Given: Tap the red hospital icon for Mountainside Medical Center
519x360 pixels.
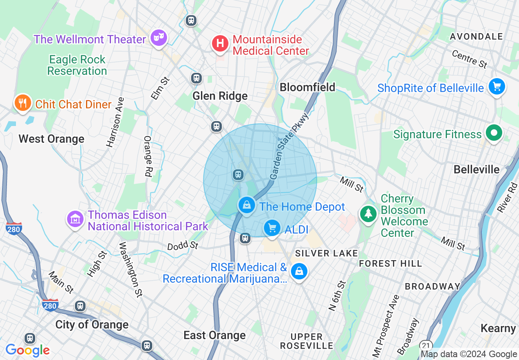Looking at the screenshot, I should pyautogui.click(x=220, y=43).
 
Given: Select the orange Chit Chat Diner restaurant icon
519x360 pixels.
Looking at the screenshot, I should pyautogui.click(x=23, y=103).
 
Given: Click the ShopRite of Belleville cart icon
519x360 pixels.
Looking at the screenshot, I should pyautogui.click(x=497, y=86).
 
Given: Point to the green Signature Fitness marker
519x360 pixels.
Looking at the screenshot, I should pyautogui.click(x=494, y=133).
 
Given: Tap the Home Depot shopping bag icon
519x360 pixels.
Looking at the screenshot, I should pyautogui.click(x=246, y=205).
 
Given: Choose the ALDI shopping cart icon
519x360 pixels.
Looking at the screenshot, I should pyautogui.click(x=272, y=228).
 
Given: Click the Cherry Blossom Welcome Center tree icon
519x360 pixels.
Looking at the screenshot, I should pyautogui.click(x=368, y=214).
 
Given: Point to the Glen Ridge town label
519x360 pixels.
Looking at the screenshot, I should pyautogui.click(x=220, y=96).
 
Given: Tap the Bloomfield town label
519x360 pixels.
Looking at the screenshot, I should pyautogui.click(x=307, y=87).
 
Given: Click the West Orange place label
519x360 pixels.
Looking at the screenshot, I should pyautogui.click(x=52, y=139).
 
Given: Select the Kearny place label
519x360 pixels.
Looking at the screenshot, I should pyautogui.click(x=498, y=328).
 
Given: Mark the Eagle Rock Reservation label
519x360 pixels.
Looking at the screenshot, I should pyautogui.click(x=77, y=65).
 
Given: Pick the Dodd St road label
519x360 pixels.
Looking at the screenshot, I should pyautogui.click(x=183, y=246).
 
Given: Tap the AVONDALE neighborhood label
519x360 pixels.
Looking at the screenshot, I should pyautogui.click(x=476, y=36).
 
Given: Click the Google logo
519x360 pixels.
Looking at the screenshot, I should pyautogui.click(x=27, y=350).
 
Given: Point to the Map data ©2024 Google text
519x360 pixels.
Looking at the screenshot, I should pyautogui.click(x=469, y=354).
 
